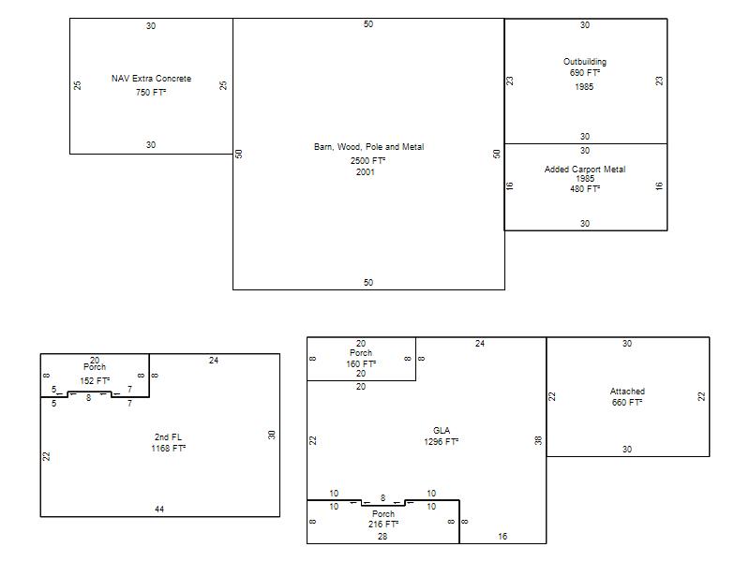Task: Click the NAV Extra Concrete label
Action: (x=151, y=79)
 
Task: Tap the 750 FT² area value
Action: (x=151, y=92)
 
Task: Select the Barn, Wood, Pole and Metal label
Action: (x=368, y=147)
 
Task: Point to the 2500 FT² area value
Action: (x=367, y=160)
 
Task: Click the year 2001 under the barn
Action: (x=365, y=172)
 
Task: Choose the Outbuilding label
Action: (x=584, y=62)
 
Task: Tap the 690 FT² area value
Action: (x=584, y=73)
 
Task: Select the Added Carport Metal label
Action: (x=584, y=170)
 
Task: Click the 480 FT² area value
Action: (x=584, y=189)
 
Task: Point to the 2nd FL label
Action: (x=168, y=436)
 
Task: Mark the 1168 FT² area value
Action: (x=169, y=449)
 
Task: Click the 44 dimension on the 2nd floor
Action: (x=159, y=510)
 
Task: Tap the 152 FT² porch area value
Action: (x=95, y=381)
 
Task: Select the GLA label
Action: (x=441, y=430)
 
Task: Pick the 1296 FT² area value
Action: (x=441, y=441)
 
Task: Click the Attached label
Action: (x=627, y=391)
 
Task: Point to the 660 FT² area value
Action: (x=627, y=403)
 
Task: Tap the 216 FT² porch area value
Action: (x=383, y=525)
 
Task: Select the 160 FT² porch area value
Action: (x=361, y=364)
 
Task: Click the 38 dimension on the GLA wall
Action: (x=538, y=440)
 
